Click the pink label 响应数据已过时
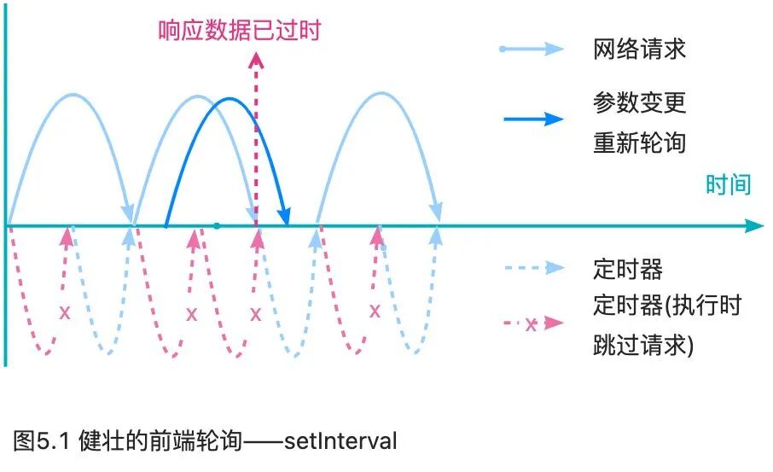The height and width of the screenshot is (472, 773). pos(240,31)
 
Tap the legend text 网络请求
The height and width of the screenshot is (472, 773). pos(639,49)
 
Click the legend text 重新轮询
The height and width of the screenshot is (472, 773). pos(639,142)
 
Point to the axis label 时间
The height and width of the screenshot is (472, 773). pos(728,184)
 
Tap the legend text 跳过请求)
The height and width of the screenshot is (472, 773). pos(643,346)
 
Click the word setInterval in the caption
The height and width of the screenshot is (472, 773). pos(340,441)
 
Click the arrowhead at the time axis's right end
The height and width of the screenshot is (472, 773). pos(753,226)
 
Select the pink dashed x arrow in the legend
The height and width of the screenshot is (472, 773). pos(532,323)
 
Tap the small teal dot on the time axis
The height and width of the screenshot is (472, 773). pos(217,226)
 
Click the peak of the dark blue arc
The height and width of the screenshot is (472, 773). pos(227,100)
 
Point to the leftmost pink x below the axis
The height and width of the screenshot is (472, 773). pos(64,313)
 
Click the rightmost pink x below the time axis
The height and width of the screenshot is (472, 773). pos(375,311)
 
